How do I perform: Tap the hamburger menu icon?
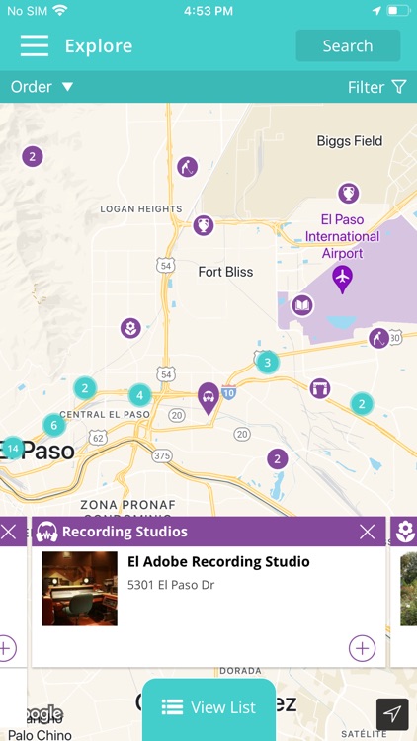[x=34, y=45]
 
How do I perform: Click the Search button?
[x=348, y=46]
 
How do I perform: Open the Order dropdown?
[x=42, y=87]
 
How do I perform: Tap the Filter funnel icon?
[x=399, y=87]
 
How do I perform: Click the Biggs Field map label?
[x=349, y=141]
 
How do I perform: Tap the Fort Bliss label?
[x=225, y=272]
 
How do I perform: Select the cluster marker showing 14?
[x=13, y=449]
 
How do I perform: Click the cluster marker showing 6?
[x=54, y=425]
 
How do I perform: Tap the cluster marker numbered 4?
[x=140, y=395]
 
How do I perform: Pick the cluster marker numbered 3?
[x=266, y=363]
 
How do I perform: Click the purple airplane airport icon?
[x=342, y=278]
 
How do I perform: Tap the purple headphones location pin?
[x=208, y=397]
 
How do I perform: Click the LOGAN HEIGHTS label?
[x=141, y=209]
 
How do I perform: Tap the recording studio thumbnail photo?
[x=79, y=589]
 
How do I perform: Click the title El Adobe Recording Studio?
[x=218, y=562]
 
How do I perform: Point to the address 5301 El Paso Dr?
[x=171, y=585]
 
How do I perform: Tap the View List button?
[x=208, y=707]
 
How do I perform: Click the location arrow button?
[x=392, y=714]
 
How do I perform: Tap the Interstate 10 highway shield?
[x=227, y=393]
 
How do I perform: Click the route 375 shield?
[x=162, y=455]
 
